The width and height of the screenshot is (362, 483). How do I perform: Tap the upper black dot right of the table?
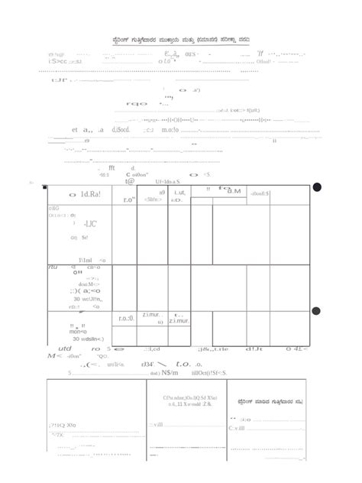[x=317, y=188]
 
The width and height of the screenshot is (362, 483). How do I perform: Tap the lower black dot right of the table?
[x=317, y=310]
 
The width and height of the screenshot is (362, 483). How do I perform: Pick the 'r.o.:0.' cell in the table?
[x=126, y=319]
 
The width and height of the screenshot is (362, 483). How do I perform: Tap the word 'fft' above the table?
[x=112, y=167]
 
